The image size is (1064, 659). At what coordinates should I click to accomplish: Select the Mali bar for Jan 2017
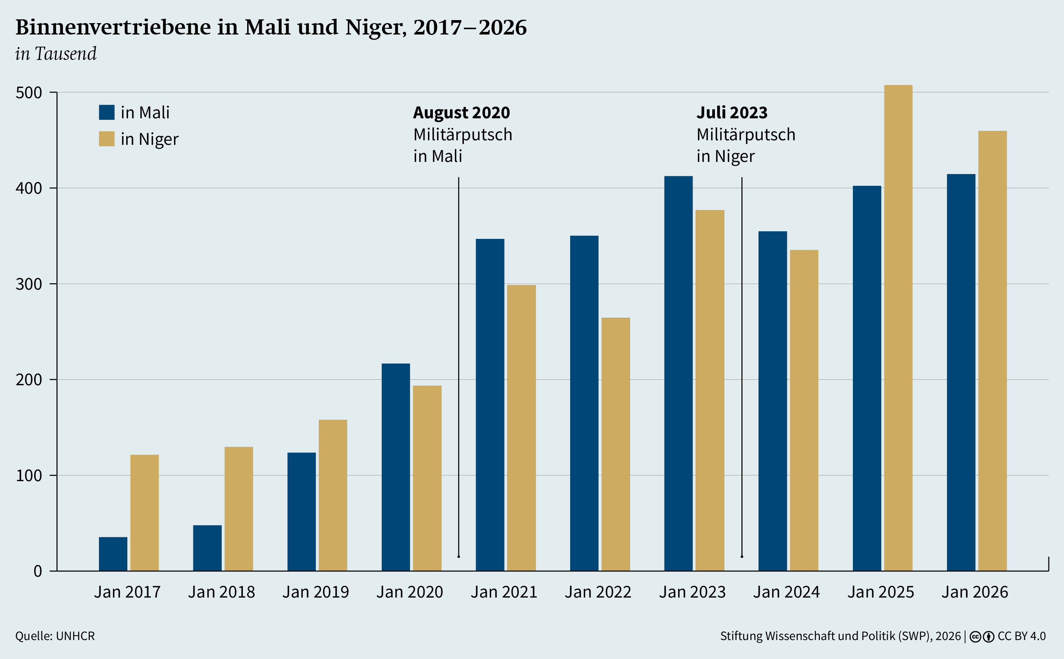(113, 554)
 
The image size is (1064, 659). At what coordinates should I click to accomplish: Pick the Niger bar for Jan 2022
(615, 444)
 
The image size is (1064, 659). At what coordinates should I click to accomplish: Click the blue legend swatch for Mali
(107, 113)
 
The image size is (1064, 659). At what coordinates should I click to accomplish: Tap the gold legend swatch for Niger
(107, 139)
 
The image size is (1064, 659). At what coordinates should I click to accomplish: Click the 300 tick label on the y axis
(29, 284)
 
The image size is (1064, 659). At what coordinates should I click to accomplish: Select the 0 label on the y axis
(38, 571)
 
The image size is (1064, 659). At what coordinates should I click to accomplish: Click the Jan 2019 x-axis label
(315, 592)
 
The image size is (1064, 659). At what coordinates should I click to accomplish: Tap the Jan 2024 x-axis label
(787, 592)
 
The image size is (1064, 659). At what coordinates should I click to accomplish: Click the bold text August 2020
(461, 113)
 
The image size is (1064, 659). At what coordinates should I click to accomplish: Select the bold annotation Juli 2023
(732, 113)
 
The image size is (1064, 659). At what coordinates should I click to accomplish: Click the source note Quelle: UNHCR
(55, 636)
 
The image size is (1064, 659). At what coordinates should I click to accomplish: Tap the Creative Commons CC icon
(975, 637)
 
